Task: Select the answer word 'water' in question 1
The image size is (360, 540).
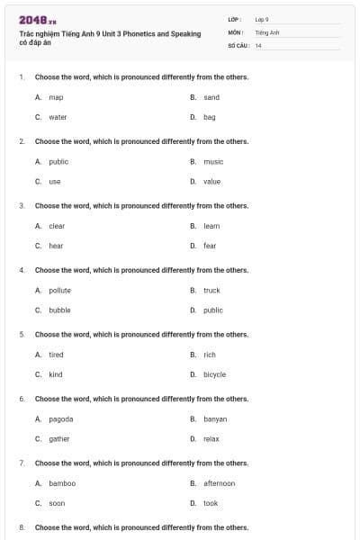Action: (58, 117)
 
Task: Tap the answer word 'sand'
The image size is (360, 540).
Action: (211, 97)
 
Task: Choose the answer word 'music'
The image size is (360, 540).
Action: (213, 162)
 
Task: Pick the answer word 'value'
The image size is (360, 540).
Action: (211, 182)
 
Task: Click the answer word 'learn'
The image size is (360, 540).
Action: (211, 226)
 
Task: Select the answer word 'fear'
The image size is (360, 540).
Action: (210, 246)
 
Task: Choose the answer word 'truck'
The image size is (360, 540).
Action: (211, 291)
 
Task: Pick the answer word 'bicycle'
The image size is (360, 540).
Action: (214, 374)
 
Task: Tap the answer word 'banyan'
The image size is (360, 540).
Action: (215, 419)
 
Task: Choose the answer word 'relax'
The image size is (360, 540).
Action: (211, 439)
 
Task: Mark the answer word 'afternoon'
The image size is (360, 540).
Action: (219, 483)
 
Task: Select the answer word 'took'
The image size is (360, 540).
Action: (211, 503)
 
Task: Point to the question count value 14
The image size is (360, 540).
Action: (258, 45)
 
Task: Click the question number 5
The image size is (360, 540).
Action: (22, 335)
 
